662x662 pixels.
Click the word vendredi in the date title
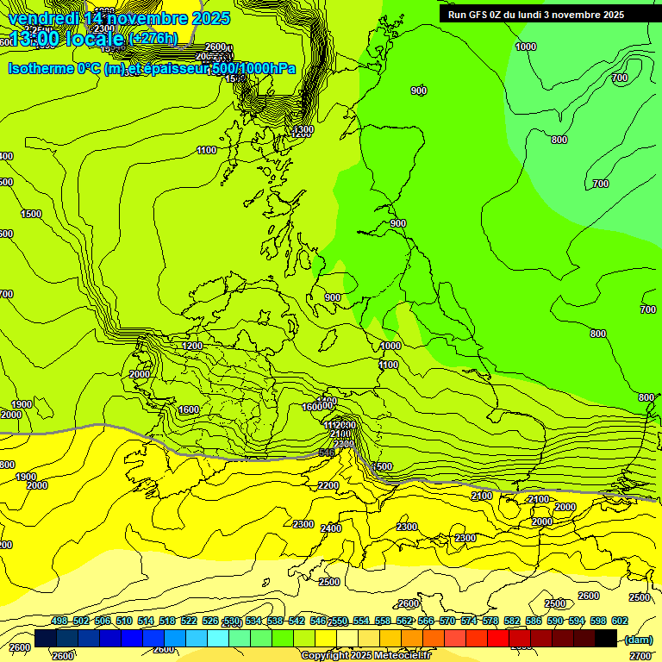click(44, 18)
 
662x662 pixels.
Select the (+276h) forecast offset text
click(153, 38)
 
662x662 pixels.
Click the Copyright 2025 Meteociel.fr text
click(365, 655)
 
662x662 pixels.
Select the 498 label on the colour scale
click(59, 621)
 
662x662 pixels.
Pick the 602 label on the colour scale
click(619, 621)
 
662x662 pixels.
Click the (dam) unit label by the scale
click(638, 639)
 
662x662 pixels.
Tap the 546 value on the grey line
click(327, 453)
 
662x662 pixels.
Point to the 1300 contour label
click(303, 131)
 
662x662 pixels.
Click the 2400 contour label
click(331, 528)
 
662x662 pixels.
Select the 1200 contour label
click(192, 346)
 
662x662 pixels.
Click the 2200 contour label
click(328, 485)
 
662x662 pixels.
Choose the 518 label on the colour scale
click(166, 621)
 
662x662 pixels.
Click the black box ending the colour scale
click(605, 639)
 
